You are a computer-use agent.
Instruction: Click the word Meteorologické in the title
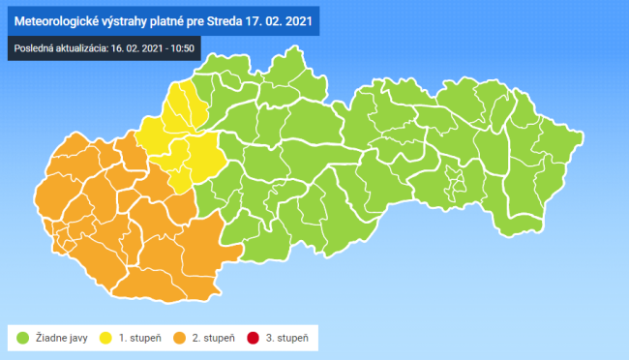tap(61, 19)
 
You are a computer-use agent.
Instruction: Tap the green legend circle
tap(22, 338)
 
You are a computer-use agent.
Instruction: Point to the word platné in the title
tap(180, 19)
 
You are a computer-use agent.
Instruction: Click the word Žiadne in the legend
tap(47, 338)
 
